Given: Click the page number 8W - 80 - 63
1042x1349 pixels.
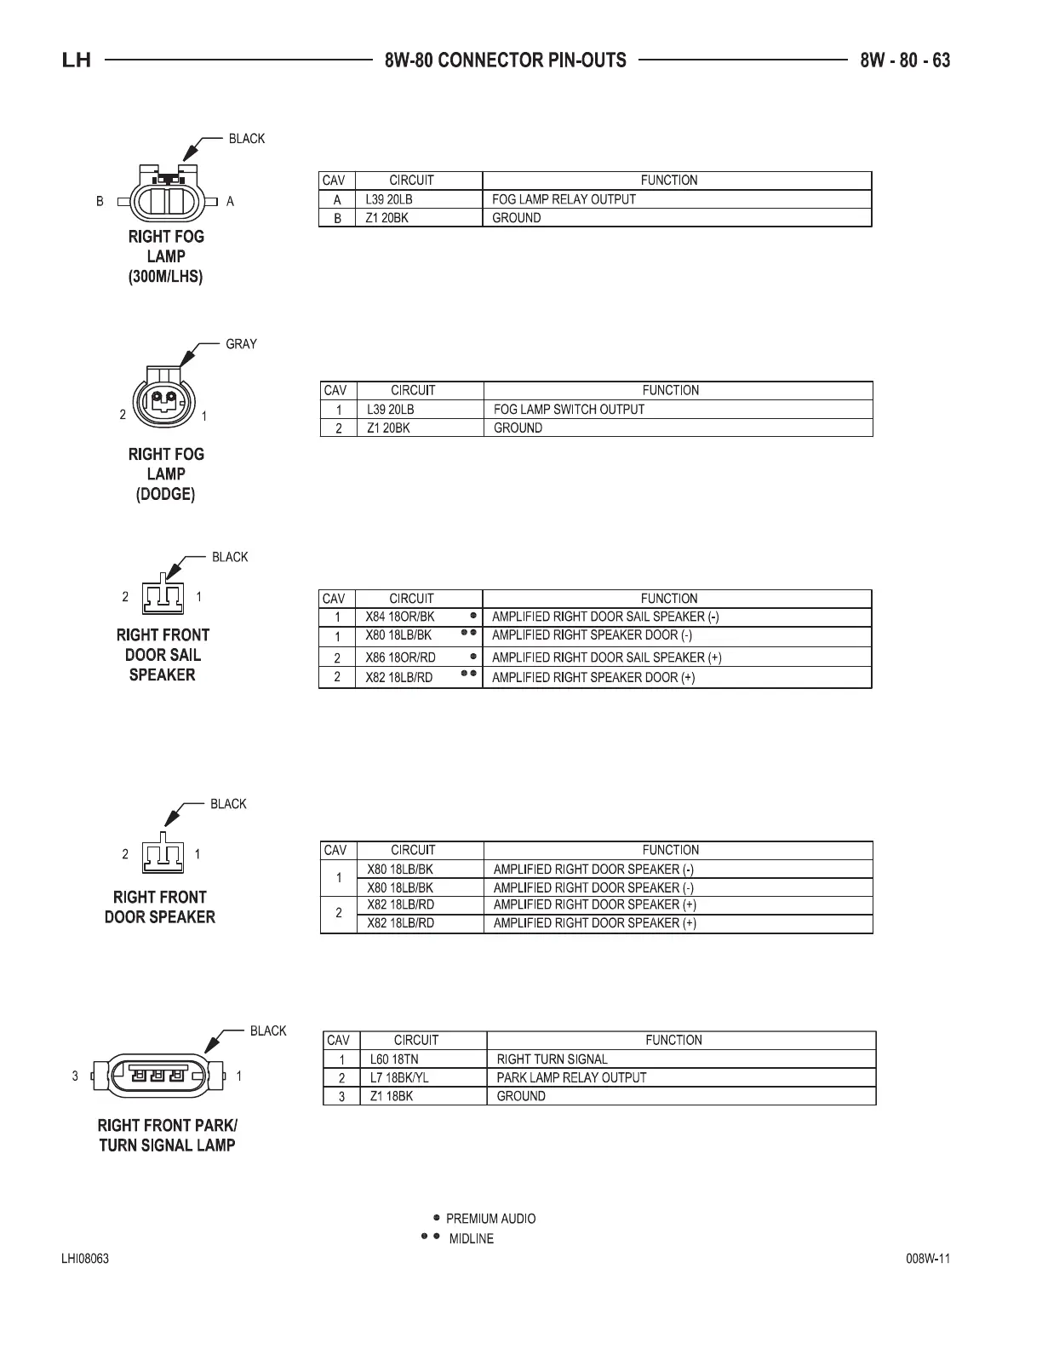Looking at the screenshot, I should point(905,60).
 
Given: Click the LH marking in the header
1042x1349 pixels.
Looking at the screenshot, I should point(77,60).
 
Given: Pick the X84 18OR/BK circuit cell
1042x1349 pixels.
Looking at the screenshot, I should point(399,617).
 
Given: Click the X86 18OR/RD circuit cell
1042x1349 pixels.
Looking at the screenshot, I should point(400,657).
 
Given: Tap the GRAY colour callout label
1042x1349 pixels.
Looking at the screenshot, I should point(241,344).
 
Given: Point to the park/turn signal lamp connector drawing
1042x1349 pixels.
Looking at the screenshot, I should point(157,1076).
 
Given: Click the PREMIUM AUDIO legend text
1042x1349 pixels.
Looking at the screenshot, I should point(490,1219).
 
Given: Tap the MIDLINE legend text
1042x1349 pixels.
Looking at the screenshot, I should point(471,1239).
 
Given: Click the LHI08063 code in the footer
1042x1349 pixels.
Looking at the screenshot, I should point(84,1260).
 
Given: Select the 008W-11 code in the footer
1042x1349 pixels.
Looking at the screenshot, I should point(928,1260).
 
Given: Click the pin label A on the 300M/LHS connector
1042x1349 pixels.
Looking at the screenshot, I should point(230,202).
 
